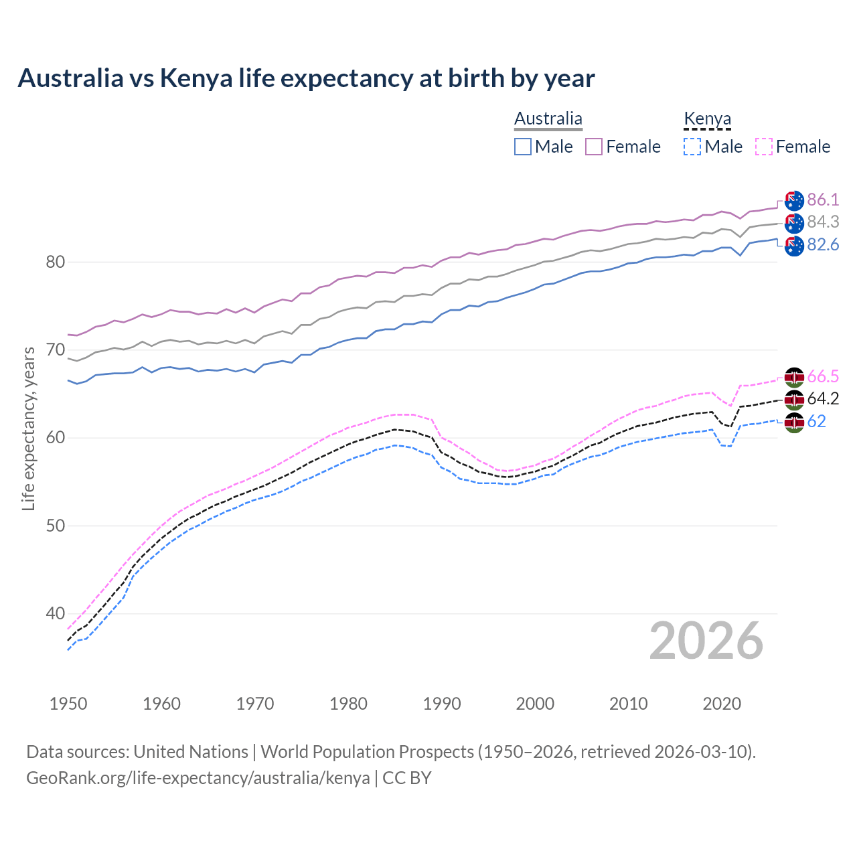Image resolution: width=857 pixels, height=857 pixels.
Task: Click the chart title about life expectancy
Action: [306, 78]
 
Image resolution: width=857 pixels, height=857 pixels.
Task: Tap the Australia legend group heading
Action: [548, 119]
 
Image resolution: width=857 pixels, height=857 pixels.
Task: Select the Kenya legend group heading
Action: [707, 119]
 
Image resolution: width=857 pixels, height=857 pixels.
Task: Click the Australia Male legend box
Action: [523, 147]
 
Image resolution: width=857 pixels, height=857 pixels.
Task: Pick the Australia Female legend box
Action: [594, 147]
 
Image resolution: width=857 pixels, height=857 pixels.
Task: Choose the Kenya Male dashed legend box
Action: [692, 147]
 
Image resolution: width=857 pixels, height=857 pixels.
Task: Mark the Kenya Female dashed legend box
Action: [764, 147]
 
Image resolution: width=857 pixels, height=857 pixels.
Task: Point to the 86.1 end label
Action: [823, 200]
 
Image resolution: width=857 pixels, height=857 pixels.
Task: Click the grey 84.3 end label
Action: [823, 222]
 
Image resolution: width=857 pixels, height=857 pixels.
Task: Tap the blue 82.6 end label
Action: [823, 245]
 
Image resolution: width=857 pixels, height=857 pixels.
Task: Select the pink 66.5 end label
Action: [823, 376]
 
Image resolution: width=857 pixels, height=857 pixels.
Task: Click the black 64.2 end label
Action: [823, 399]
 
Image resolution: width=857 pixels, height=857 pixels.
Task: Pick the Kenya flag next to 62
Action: [794, 422]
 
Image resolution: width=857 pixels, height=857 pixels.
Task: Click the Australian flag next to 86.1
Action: [794, 200]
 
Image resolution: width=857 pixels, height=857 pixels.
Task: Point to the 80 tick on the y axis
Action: [55, 262]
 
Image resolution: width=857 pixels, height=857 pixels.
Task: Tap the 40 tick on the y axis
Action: [55, 613]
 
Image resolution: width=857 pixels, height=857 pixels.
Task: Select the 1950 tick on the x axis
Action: [68, 704]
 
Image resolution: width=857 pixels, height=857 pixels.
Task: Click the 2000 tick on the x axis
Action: [535, 704]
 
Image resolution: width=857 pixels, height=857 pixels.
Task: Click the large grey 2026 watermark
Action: [706, 641]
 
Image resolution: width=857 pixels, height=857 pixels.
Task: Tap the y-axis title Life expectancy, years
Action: [29, 428]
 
